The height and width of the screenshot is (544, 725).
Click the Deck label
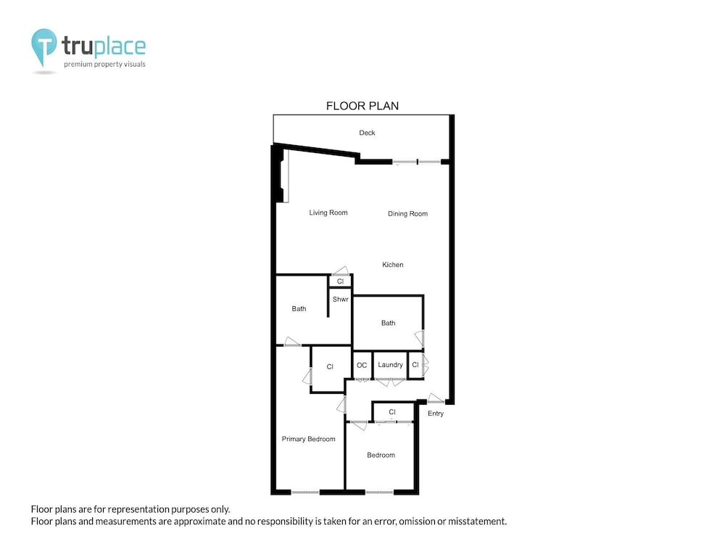tap(367, 133)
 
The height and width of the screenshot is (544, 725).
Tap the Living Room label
tap(328, 213)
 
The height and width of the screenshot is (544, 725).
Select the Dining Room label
tap(407, 214)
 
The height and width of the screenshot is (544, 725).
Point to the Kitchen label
tap(392, 265)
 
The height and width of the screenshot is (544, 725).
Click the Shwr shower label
tap(340, 300)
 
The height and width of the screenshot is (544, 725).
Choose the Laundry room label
tap(390, 365)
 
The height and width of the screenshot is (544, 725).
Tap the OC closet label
tap(362, 365)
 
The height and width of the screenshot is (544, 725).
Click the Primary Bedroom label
tap(308, 439)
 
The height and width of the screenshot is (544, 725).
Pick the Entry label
tap(436, 413)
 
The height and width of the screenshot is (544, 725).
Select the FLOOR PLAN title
tap(362, 106)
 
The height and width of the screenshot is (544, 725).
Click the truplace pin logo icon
tap(44, 46)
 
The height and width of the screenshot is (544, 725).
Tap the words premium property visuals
tap(104, 65)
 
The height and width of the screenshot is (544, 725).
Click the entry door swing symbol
tap(436, 397)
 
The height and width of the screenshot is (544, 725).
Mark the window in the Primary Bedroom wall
tap(305, 493)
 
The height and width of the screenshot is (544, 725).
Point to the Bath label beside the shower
tap(299, 308)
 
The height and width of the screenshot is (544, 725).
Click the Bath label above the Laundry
tap(388, 323)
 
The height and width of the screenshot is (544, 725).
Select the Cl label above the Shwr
tap(340, 281)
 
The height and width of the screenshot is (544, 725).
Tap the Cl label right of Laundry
tap(415, 365)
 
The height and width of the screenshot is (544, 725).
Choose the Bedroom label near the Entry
tap(381, 456)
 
